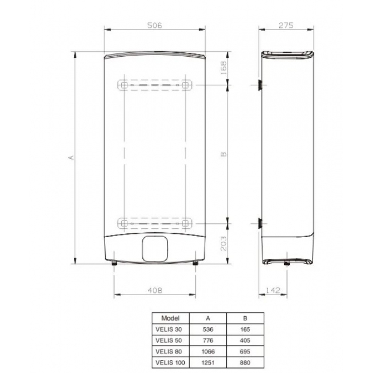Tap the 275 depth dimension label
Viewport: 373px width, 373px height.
pyautogui.click(x=286, y=25)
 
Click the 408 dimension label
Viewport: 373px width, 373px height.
pyautogui.click(x=155, y=290)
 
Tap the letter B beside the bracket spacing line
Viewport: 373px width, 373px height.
pyautogui.click(x=223, y=154)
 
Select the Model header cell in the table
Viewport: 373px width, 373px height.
pyautogui.click(x=170, y=318)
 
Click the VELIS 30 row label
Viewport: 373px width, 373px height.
pyautogui.click(x=170, y=329)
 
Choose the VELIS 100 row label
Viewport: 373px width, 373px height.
pyautogui.click(x=170, y=362)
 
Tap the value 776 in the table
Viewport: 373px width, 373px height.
pyautogui.click(x=208, y=340)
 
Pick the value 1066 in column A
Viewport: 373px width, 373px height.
pyautogui.click(x=208, y=351)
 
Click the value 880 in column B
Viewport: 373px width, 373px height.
pyautogui.click(x=245, y=362)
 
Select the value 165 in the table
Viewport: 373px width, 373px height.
pyautogui.click(x=245, y=329)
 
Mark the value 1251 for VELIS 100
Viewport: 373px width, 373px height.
pyautogui.click(x=208, y=362)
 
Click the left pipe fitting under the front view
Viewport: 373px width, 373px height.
pyautogui.click(x=114, y=263)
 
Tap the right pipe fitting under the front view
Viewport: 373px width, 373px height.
pyautogui.click(x=195, y=263)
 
